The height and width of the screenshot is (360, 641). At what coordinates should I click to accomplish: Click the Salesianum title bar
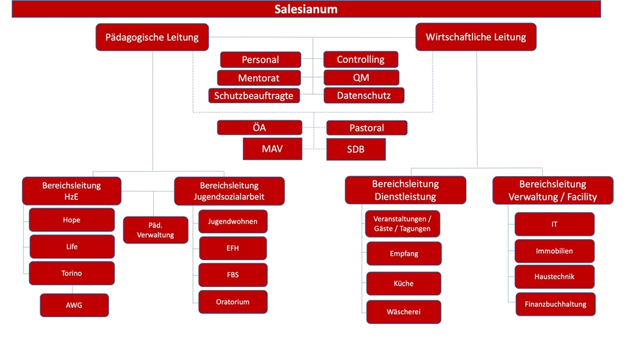pyautogui.click(x=306, y=9)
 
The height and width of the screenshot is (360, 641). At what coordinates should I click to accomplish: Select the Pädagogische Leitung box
pyautogui.click(x=152, y=37)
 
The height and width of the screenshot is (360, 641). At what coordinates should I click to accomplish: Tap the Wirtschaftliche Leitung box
pyautogui.click(x=476, y=37)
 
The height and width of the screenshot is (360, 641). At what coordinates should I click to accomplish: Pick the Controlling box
pyautogui.click(x=360, y=59)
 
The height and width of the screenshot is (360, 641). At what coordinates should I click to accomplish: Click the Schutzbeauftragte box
pyautogui.click(x=254, y=95)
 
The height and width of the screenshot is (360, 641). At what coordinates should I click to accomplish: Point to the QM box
pyautogui.click(x=361, y=78)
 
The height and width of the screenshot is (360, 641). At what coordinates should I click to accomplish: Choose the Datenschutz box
pyautogui.click(x=364, y=95)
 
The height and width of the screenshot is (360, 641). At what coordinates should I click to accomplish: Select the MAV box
pyautogui.click(x=272, y=149)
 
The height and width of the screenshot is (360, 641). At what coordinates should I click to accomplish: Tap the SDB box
pyautogui.click(x=356, y=149)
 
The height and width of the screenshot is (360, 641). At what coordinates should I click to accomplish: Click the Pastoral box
pyautogui.click(x=367, y=128)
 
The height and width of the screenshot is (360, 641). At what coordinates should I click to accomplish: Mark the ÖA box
pyautogui.click(x=260, y=127)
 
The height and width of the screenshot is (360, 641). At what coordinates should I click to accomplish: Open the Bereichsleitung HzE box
pyautogui.click(x=72, y=191)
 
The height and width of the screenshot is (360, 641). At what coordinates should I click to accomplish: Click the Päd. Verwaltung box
pyautogui.click(x=155, y=230)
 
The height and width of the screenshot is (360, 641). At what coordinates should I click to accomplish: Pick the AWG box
pyautogui.click(x=74, y=306)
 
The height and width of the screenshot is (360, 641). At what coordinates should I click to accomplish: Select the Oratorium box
pyautogui.click(x=233, y=302)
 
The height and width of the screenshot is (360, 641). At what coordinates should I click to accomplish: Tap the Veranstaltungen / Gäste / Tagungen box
pyautogui.click(x=403, y=224)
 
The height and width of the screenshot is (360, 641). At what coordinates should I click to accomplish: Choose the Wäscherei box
pyautogui.click(x=403, y=312)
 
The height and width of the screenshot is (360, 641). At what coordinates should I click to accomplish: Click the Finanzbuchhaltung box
pyautogui.click(x=555, y=304)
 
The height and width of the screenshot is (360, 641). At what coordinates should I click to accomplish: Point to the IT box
pyautogui.click(x=554, y=224)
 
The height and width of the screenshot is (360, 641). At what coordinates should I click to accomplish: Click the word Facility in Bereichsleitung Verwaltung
pyautogui.click(x=582, y=197)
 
